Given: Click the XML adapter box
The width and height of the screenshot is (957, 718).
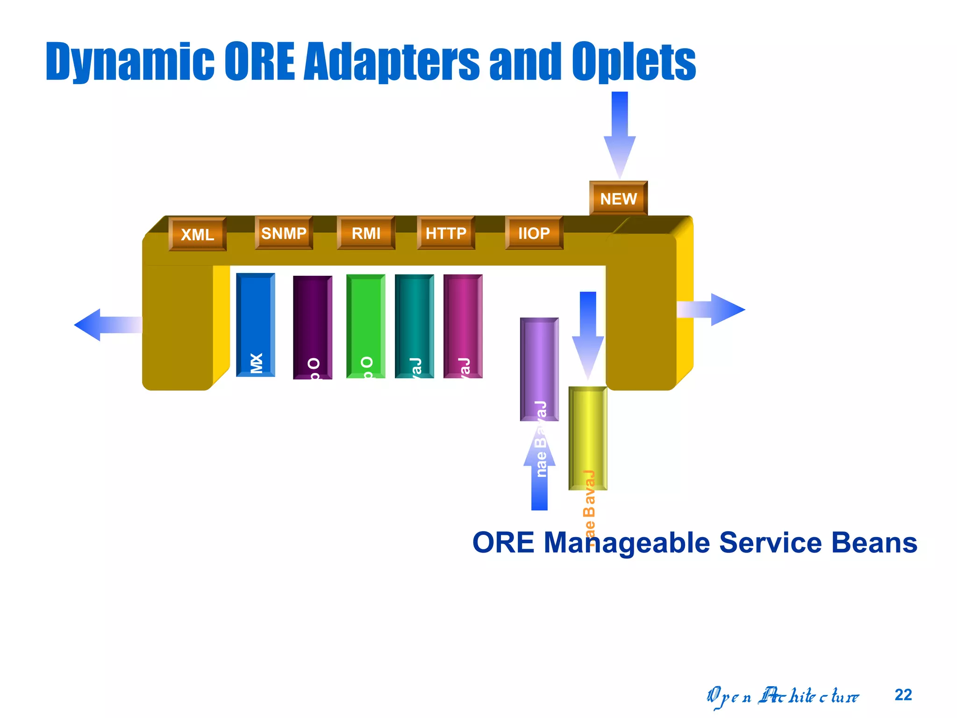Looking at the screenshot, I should pos(197,234).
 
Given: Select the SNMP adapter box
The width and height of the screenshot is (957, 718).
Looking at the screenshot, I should pos(284,233).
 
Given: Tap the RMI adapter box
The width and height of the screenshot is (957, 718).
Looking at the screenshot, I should pos(366,233).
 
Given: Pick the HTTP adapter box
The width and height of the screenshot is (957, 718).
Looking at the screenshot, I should pos(446,233).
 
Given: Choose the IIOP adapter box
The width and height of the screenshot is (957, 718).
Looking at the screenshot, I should pos(534,233).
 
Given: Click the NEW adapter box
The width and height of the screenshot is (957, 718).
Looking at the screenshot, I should pos(618,199).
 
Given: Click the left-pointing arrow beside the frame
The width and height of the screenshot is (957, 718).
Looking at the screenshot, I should pos(105,324).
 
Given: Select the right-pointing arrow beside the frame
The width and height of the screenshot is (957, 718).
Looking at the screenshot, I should pos(715,309).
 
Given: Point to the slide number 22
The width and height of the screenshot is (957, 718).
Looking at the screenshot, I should pos(903,695).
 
